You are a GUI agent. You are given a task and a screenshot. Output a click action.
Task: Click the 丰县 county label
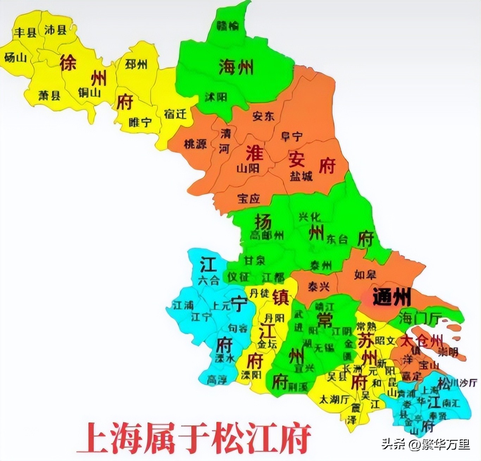(25, 33)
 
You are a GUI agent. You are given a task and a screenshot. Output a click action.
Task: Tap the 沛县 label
(55, 30)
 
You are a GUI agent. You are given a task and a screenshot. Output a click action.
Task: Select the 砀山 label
(15, 57)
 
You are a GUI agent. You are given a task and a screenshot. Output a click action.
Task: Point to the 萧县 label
(49, 95)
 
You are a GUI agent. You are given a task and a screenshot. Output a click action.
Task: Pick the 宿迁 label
(175, 114)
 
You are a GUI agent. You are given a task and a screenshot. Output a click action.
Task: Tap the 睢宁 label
(140, 122)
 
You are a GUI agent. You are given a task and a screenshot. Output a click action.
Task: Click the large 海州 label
(236, 67)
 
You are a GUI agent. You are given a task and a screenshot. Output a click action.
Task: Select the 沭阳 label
(216, 97)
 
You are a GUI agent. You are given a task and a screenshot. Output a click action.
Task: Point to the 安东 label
(263, 116)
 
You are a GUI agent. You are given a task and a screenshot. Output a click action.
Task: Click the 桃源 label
(195, 144)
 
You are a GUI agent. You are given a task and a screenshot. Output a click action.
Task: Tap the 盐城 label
(301, 176)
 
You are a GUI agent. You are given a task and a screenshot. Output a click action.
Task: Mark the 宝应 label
(249, 198)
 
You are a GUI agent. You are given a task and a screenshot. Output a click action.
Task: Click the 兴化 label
(310, 216)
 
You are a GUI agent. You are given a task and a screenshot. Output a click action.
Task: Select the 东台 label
(337, 239)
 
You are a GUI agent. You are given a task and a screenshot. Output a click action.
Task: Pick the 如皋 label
(365, 274)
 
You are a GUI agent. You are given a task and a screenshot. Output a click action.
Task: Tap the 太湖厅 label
(334, 399)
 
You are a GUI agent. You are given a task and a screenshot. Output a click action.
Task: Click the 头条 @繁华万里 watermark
(425, 444)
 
